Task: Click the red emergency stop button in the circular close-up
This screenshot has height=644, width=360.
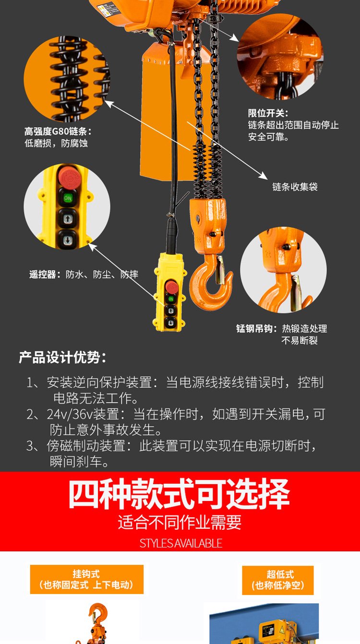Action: click(69, 177)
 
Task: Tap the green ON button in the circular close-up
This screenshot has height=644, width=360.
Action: click(68, 198)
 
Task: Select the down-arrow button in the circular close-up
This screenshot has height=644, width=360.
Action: click(68, 239)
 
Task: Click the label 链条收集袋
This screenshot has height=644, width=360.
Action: click(295, 187)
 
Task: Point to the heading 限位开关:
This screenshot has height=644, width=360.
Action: click(268, 113)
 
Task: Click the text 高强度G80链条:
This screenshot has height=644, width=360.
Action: click(58, 131)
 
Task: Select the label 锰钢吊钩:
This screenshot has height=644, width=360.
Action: click(257, 328)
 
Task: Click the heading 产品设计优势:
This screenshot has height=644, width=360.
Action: click(63, 358)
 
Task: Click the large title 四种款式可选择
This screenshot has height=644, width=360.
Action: click(179, 494)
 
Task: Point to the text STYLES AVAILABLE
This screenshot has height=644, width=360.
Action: click(181, 543)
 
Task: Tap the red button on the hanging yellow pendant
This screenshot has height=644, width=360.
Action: click(172, 287)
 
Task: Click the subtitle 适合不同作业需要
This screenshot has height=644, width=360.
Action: click(180, 522)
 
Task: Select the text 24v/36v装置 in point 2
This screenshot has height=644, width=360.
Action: click(83, 414)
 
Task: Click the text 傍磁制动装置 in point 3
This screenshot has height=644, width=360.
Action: click(86, 446)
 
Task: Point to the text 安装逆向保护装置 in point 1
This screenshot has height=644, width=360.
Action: click(99, 382)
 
